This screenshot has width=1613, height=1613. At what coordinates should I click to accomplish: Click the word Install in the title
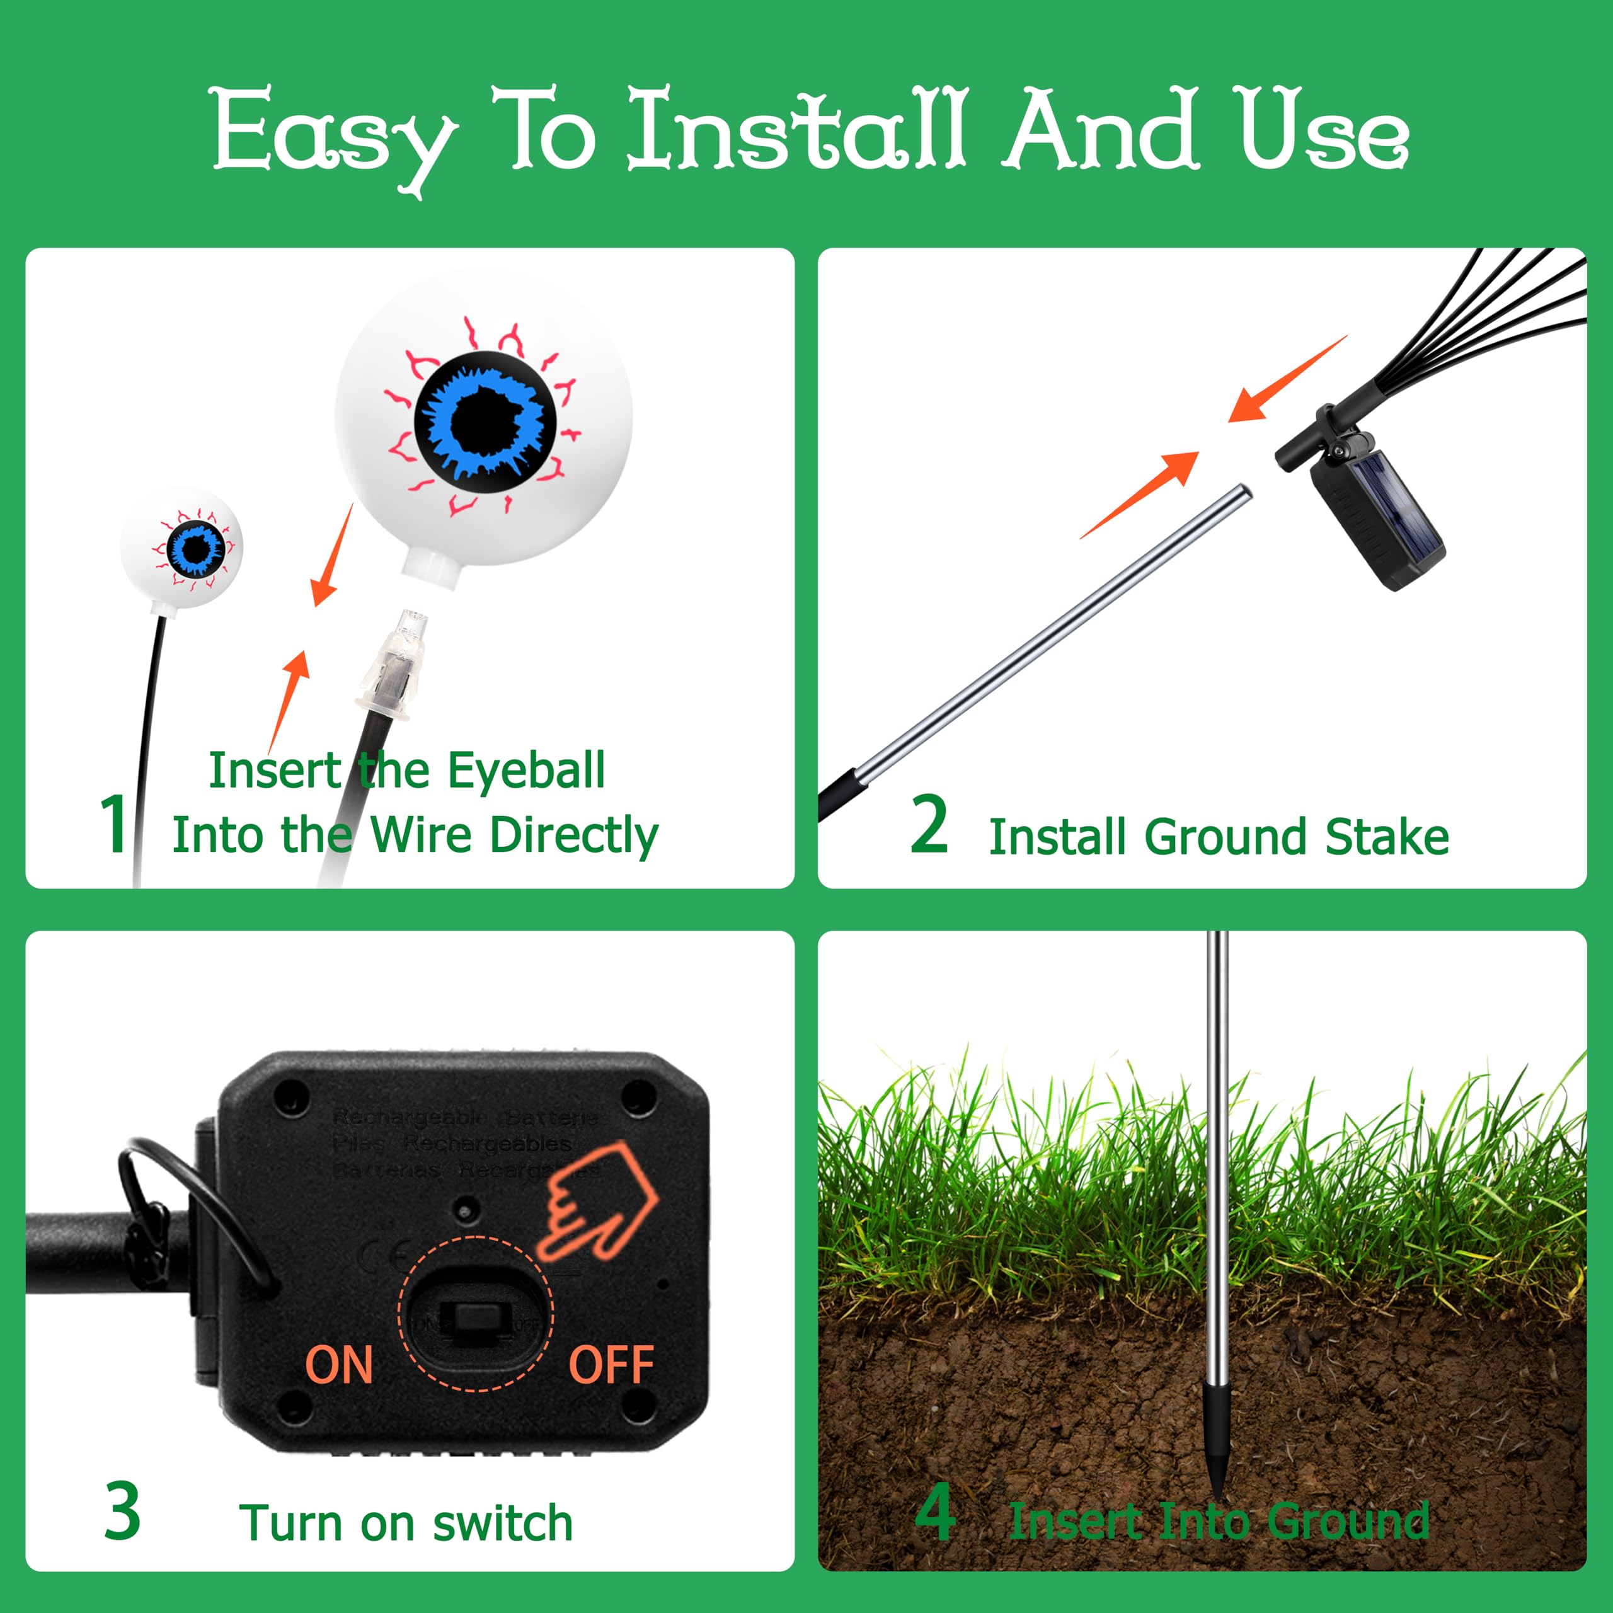(797, 129)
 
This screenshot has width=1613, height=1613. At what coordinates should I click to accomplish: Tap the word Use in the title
(1323, 129)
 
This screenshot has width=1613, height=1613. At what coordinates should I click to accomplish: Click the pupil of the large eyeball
(485, 418)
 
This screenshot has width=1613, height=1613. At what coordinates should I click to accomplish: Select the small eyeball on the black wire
(182, 548)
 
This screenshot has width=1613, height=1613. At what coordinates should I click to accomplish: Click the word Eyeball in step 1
(526, 770)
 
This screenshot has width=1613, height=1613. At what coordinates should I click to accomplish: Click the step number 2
(929, 824)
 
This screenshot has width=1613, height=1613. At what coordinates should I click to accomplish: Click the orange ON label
(338, 1365)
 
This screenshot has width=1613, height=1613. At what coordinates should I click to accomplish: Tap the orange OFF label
(611, 1365)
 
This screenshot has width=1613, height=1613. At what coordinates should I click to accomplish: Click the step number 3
(123, 1511)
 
